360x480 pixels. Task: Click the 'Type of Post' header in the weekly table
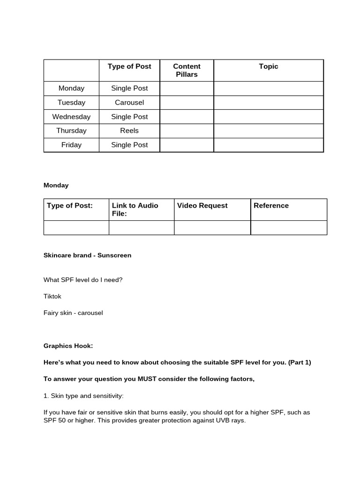tap(129, 67)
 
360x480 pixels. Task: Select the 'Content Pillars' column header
tap(187, 70)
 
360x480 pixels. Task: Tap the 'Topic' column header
tap(269, 67)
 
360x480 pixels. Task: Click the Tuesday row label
tap(71, 102)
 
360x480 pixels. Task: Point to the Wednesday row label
tap(71, 116)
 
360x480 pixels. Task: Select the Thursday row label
tap(71, 130)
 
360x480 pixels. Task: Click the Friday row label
tap(71, 145)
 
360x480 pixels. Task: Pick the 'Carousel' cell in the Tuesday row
tap(129, 102)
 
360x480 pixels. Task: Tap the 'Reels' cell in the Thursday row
tap(129, 130)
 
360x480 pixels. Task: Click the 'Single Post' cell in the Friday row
tap(129, 145)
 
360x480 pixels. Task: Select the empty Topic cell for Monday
tap(269, 88)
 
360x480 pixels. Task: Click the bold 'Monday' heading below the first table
tap(56, 185)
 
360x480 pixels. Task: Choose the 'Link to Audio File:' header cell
tap(135, 210)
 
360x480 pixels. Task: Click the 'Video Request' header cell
tap(202, 205)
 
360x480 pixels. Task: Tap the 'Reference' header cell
tap(271, 205)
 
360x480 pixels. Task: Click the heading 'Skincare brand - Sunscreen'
tap(87, 255)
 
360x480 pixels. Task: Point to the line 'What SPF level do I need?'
tap(82, 280)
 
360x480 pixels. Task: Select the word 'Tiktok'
tap(52, 296)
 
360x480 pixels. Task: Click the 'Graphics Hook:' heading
tap(68, 346)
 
